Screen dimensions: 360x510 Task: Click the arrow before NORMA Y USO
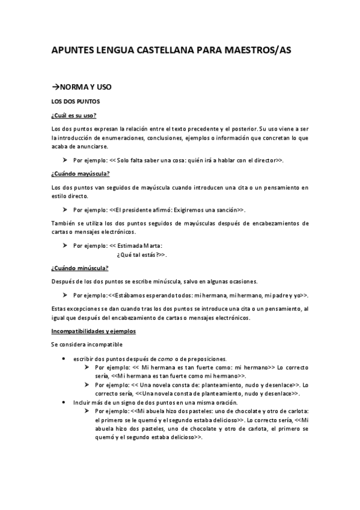[x=55, y=87]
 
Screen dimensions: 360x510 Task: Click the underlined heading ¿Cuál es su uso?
[x=75, y=115]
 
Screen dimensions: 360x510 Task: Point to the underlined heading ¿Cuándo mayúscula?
[x=81, y=174]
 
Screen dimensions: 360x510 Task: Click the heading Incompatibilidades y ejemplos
[x=93, y=331]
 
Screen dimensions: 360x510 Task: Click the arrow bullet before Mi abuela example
[x=87, y=411]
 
